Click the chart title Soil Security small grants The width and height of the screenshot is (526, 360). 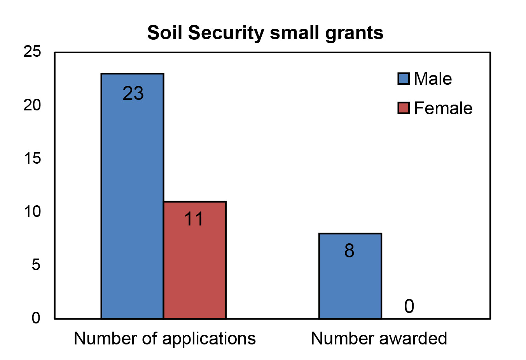point(265,33)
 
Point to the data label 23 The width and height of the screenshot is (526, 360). point(133,94)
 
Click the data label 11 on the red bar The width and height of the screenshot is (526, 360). point(194,219)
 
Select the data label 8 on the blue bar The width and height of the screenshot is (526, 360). point(349,251)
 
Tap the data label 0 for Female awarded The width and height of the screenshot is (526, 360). point(409,306)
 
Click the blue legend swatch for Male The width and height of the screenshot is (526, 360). point(404,79)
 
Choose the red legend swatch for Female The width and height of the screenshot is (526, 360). point(404,108)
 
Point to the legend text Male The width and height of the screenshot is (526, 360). point(433,79)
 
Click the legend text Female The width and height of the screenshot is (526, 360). point(443,108)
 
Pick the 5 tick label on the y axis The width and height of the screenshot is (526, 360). point(36,265)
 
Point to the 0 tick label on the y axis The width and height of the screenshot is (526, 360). point(36,318)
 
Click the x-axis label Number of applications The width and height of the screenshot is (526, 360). point(165,339)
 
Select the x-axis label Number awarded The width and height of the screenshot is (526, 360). point(379,339)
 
